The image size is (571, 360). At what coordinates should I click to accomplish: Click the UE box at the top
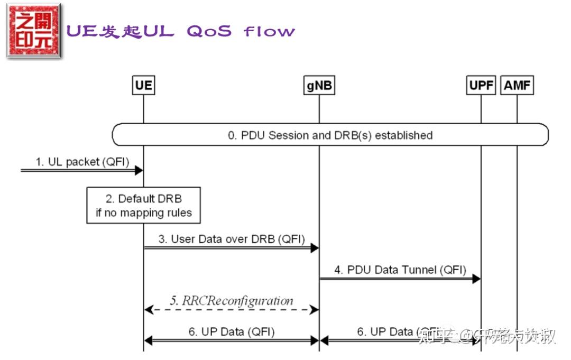pyautogui.click(x=143, y=85)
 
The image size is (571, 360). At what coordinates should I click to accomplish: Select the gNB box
pyautogui.click(x=319, y=85)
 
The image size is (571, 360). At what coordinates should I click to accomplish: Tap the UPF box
pyautogui.click(x=481, y=85)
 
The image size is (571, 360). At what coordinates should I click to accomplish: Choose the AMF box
pyautogui.click(x=518, y=85)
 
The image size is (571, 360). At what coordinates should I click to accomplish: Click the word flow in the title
pyautogui.click(x=269, y=31)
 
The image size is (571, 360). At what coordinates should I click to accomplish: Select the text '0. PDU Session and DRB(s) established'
pyautogui.click(x=330, y=135)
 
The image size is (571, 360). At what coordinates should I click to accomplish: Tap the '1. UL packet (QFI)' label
pyautogui.click(x=82, y=162)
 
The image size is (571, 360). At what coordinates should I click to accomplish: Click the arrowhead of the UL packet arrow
pyautogui.click(x=139, y=170)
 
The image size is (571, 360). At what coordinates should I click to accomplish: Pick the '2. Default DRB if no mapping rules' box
pyautogui.click(x=144, y=205)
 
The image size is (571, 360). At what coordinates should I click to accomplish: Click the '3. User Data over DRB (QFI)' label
pyautogui.click(x=232, y=239)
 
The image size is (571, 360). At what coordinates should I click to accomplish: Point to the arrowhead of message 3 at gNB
pyautogui.click(x=315, y=247)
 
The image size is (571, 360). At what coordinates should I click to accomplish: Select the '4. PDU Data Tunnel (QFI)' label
pyautogui.click(x=400, y=270)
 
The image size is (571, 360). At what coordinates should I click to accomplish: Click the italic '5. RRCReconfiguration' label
pyautogui.click(x=232, y=301)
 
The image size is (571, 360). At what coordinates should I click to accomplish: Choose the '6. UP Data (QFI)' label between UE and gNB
pyautogui.click(x=232, y=332)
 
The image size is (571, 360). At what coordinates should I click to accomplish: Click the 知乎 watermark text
pyautogui.click(x=431, y=335)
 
